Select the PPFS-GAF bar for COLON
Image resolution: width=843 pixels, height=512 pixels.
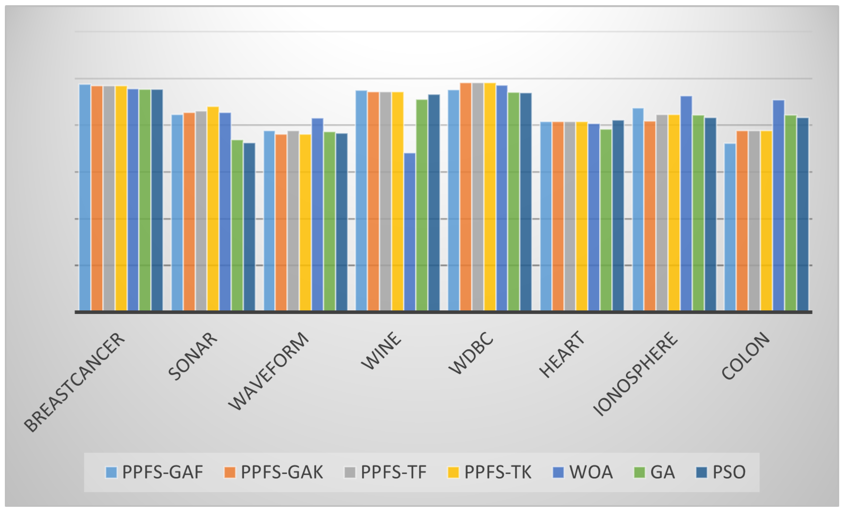point(730,227)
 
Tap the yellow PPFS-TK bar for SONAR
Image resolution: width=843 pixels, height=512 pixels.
point(213,208)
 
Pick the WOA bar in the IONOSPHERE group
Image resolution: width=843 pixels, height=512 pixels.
point(686,203)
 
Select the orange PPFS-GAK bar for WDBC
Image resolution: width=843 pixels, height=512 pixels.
point(465,196)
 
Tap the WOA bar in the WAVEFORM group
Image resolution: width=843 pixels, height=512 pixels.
point(317,214)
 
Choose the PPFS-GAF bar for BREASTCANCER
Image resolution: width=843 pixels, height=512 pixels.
point(85,197)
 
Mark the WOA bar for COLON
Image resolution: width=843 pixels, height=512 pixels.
point(778,205)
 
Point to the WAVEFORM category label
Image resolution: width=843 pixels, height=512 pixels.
point(268,371)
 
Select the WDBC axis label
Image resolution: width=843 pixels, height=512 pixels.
point(471,353)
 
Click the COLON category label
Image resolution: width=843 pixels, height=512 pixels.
point(745,356)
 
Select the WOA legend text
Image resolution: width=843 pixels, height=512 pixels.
point(591,472)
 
